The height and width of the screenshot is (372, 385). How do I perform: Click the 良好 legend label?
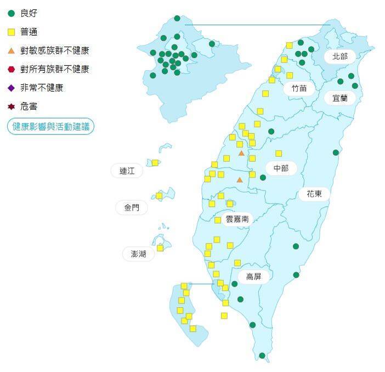point(29,13)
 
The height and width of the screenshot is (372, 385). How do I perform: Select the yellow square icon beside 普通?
point(11,32)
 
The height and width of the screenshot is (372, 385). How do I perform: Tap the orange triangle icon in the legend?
point(11,50)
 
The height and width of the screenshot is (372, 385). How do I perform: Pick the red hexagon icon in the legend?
point(11,69)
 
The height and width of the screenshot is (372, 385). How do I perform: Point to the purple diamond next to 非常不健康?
point(11,88)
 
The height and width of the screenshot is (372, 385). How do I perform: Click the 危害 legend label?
point(29,106)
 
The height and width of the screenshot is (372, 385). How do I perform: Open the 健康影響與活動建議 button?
point(50,126)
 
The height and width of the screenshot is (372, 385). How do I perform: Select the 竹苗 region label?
point(299,88)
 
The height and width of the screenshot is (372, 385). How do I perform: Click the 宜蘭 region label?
point(340,98)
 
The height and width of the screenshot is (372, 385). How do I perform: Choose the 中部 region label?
point(281,168)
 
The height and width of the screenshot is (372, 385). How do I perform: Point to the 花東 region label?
point(314,193)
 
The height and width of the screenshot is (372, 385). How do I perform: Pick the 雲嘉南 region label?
point(237,218)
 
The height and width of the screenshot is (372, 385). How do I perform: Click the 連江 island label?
point(127,171)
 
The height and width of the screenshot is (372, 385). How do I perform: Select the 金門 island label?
point(132,207)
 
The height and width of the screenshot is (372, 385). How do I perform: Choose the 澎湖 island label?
point(138,253)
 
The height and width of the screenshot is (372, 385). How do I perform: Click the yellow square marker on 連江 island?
point(155,162)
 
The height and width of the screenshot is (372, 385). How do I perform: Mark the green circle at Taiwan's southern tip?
point(262,356)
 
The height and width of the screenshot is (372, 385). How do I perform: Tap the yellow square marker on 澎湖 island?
point(160,248)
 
